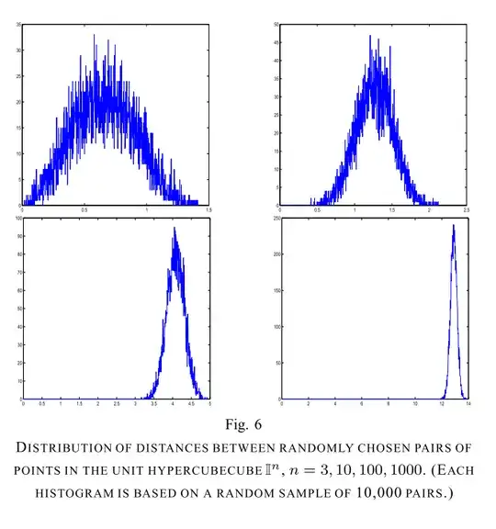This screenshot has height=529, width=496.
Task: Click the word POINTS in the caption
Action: (x=39, y=470)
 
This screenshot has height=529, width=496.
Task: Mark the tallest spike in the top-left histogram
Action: (x=94, y=37)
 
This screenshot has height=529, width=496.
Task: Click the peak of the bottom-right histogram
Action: (x=454, y=226)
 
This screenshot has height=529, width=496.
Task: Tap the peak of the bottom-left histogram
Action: (x=175, y=229)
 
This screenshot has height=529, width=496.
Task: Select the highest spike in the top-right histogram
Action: (x=370, y=36)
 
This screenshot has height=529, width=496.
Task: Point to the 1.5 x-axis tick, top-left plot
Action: (x=209, y=209)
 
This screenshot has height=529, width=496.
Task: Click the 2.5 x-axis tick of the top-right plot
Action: (x=468, y=209)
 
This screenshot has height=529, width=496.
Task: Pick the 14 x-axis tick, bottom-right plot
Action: (x=468, y=404)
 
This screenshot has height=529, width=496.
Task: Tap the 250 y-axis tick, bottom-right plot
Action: (x=275, y=219)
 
